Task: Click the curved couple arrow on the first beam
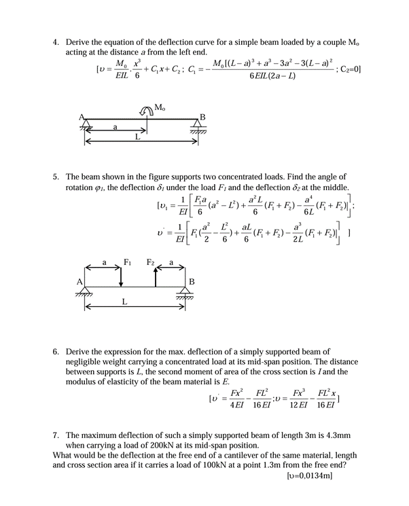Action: [147, 111]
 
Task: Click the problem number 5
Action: [56, 176]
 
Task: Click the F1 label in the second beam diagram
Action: [126, 261]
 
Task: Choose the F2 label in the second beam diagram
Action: [152, 261]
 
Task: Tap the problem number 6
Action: [56, 352]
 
